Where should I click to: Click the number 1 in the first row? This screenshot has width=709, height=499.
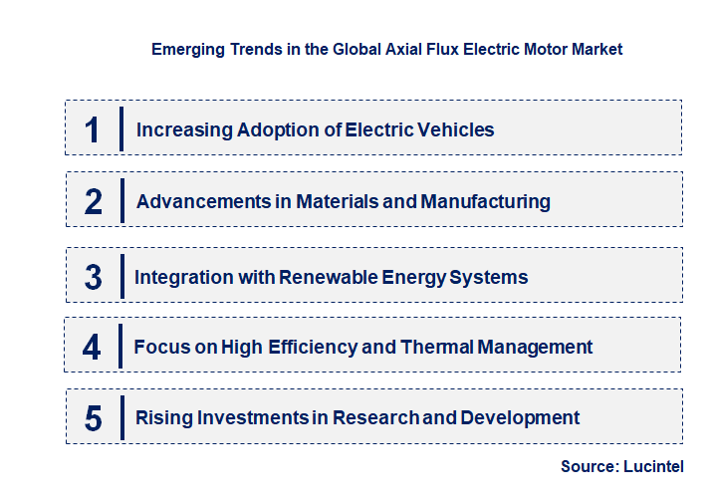pyautogui.click(x=93, y=129)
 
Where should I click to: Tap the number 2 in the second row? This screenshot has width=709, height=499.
pyautogui.click(x=94, y=202)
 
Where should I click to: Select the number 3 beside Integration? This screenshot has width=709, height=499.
pyautogui.click(x=93, y=277)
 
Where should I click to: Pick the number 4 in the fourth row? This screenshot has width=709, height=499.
pyautogui.click(x=92, y=348)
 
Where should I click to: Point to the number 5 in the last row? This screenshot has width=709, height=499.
pyautogui.click(x=94, y=418)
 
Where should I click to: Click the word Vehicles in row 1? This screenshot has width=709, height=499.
pyautogui.click(x=457, y=129)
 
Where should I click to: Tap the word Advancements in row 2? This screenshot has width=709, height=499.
pyautogui.click(x=200, y=202)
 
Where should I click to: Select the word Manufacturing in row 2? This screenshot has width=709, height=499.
pyautogui.click(x=485, y=202)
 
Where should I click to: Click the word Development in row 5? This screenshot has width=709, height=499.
pyautogui.click(x=522, y=418)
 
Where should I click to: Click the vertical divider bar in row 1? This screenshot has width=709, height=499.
pyautogui.click(x=120, y=129)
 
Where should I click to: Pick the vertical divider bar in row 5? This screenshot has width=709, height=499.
pyautogui.click(x=120, y=416)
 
